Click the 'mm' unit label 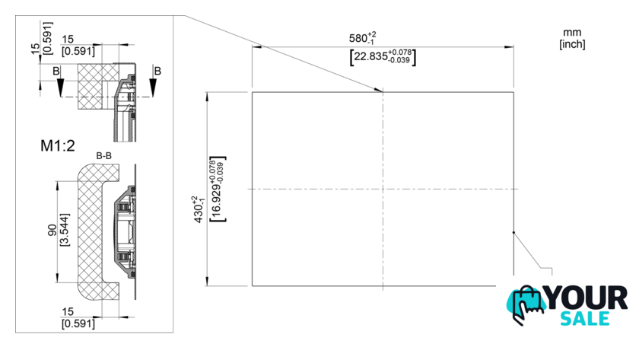click(x=571, y=33)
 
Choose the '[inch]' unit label click(x=571, y=44)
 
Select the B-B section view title click(x=104, y=156)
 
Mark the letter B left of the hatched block click(x=56, y=70)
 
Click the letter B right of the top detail click(x=157, y=70)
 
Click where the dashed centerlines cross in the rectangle click(x=383, y=189)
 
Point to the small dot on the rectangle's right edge click(x=513, y=232)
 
